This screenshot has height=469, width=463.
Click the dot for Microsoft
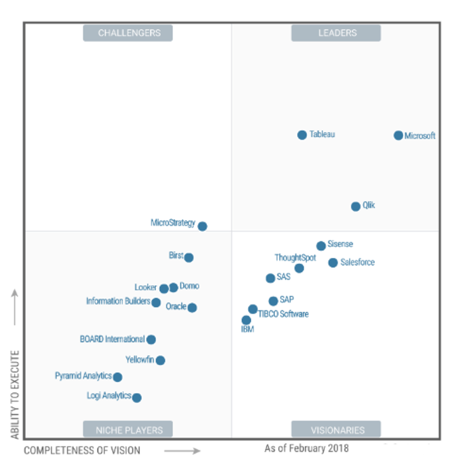[x=398, y=135]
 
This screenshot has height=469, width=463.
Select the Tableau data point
[x=302, y=135]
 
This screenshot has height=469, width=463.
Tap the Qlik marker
[x=355, y=206]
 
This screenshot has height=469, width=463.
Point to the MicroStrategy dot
[x=202, y=226]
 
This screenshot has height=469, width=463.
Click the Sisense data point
[x=321, y=246]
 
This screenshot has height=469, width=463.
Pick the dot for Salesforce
[x=333, y=262]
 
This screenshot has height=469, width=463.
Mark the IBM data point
[x=246, y=320]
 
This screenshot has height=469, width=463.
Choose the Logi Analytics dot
[x=137, y=398]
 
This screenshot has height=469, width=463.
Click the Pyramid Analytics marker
[x=117, y=377]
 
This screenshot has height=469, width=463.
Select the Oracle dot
[x=192, y=307]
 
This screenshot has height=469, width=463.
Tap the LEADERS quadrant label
[x=336, y=33]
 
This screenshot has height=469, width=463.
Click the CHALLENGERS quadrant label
[x=128, y=33]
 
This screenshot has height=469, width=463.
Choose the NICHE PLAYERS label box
[x=128, y=430]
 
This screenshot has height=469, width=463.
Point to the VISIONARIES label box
[x=336, y=430]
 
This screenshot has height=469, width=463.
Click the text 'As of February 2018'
[x=306, y=448]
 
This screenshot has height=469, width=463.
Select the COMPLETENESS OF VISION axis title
[x=82, y=451]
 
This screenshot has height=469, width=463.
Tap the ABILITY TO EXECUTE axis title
[x=15, y=395]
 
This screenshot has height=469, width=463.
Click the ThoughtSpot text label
[x=295, y=258]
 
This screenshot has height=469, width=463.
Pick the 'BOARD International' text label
[x=112, y=339]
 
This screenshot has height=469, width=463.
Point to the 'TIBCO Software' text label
[x=283, y=314]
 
